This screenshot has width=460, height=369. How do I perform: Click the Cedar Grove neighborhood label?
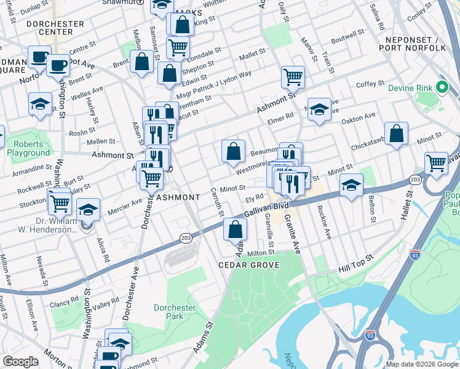248,265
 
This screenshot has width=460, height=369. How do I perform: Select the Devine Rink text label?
411,88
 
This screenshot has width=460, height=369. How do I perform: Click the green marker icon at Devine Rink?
441,87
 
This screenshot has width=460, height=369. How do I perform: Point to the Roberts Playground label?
28,148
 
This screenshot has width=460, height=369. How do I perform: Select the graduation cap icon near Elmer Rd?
319,109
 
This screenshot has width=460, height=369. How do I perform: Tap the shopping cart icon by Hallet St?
436,164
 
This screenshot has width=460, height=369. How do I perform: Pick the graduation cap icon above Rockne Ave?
351,184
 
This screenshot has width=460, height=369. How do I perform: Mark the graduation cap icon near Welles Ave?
40,104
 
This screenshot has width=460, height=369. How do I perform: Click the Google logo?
20,362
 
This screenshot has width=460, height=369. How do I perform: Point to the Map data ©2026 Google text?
422,364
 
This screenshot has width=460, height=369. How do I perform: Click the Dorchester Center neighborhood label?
55,28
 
